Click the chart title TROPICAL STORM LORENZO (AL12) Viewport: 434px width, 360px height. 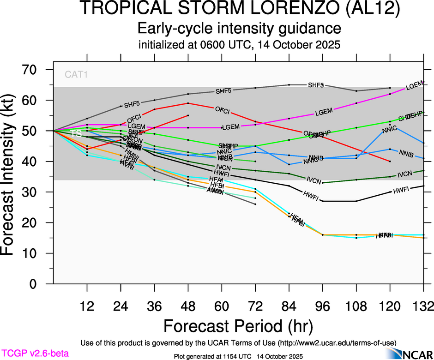pos(239,10)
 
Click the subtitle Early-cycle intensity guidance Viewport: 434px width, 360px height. pos(239,29)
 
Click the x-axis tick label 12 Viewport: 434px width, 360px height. pos(87,306)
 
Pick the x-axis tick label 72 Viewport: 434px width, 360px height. pos(255,306)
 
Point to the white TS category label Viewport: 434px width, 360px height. pos(76,133)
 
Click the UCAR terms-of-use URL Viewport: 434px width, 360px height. pos(336,343)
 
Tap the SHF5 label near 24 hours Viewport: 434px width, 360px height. pos(132,104)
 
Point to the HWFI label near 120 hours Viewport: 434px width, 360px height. pos(401,189)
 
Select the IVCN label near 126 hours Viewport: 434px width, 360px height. pos(404,174)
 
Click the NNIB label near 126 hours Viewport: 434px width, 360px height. pos(406,153)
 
